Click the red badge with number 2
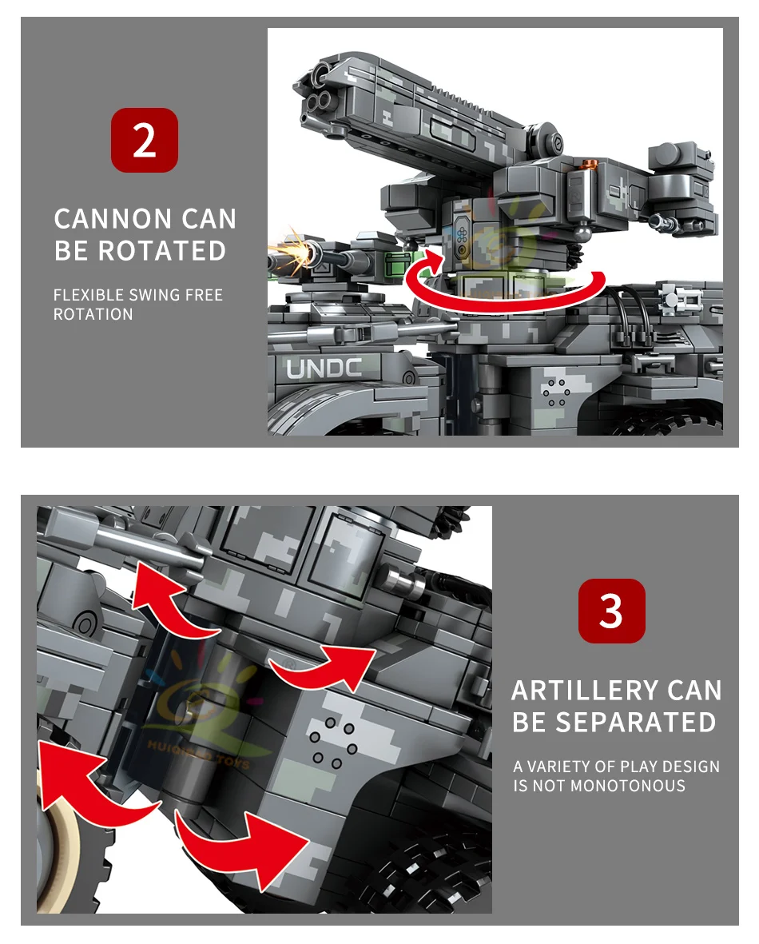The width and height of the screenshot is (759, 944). pyautogui.click(x=144, y=140)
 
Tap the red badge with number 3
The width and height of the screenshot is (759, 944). pyautogui.click(x=611, y=611)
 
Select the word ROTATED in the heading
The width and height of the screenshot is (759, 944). pyautogui.click(x=163, y=250)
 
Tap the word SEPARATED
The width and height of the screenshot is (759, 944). pyautogui.click(x=637, y=722)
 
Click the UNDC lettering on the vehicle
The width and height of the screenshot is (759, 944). pyautogui.click(x=324, y=368)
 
